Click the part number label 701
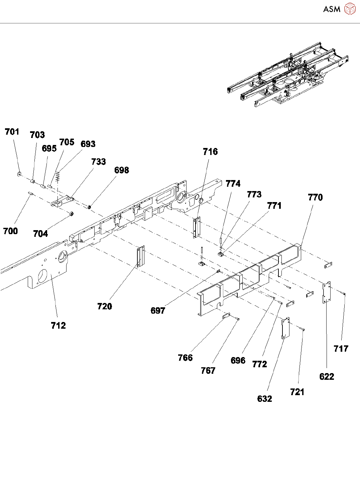point(12,132)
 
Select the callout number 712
point(58,326)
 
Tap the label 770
point(315,197)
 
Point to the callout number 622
point(327,377)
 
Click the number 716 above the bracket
point(210,152)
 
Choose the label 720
point(105,307)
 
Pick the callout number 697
point(158,311)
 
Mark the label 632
point(264,399)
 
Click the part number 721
point(297,392)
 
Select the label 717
point(341,349)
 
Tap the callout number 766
point(185,358)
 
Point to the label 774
point(233,184)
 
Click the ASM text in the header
point(332,9)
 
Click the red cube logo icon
point(350,9)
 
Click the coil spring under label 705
point(58,176)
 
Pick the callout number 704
point(40,234)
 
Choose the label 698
point(122,170)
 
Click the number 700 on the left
point(10,231)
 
